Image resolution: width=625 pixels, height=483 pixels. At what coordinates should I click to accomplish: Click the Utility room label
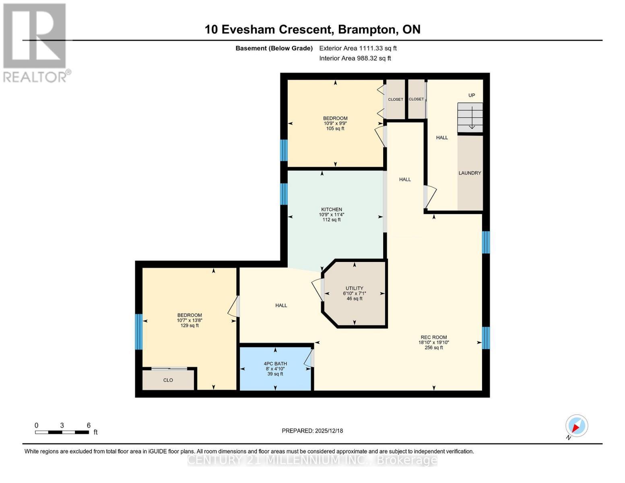tap(354, 288)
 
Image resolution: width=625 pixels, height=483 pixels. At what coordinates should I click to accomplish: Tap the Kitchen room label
tap(332, 209)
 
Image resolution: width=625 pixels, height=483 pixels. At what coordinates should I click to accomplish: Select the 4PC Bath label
tap(275, 364)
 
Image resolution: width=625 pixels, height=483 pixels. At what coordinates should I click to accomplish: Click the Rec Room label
tap(433, 337)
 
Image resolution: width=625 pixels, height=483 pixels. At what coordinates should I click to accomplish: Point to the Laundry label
tap(470, 173)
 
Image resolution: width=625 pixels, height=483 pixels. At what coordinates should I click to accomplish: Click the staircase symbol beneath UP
tap(470, 118)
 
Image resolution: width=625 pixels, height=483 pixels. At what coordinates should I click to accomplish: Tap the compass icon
tap(576, 426)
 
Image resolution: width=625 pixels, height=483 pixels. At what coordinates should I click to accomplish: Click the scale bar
tap(62, 432)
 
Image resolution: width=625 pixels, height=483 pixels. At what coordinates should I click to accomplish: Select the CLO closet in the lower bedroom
tap(168, 380)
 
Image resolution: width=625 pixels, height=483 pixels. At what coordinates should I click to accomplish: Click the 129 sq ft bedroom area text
tap(190, 326)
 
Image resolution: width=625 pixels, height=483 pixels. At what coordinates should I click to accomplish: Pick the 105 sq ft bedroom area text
tap(335, 129)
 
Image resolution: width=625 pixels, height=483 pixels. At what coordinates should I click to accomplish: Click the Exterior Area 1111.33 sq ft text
tap(358, 48)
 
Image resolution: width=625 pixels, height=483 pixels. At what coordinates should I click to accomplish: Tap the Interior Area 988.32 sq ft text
tap(355, 58)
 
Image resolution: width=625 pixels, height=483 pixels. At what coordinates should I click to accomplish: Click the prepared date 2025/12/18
tap(329, 431)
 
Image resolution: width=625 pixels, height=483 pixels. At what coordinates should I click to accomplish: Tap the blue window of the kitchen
tap(284, 194)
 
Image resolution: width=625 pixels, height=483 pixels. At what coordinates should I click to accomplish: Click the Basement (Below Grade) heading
tap(274, 48)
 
